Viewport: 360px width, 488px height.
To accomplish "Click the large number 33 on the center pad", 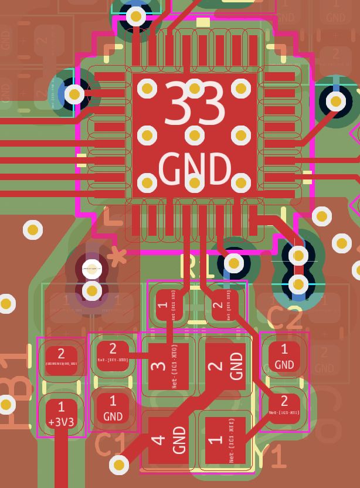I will [x=194, y=106].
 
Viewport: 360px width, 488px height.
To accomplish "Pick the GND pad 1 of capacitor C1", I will [x=113, y=408].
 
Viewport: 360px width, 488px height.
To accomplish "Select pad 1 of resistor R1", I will [x=168, y=305].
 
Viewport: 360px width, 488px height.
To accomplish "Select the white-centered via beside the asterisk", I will [x=91, y=269].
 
